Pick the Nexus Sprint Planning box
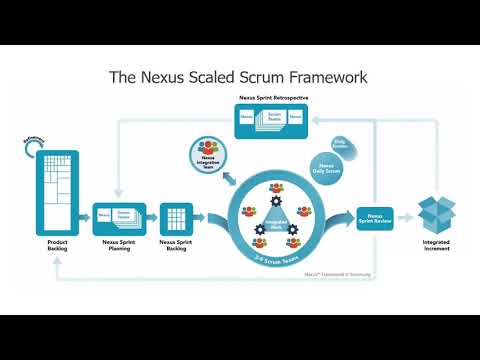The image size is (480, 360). tap(119, 217)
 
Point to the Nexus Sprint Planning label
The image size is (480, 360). tap(119, 245)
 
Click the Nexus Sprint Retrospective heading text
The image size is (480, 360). tap(272, 99)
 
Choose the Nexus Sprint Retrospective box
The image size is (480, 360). tap(272, 120)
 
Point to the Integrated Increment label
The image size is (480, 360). tap(437, 245)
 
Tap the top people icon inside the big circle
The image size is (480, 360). tap(275, 186)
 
